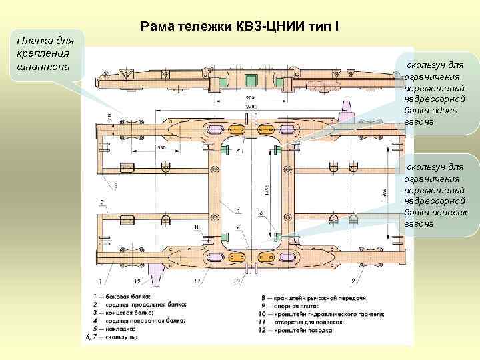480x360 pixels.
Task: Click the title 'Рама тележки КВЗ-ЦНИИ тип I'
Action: click(240, 27)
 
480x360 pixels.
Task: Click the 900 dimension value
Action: click(250, 97)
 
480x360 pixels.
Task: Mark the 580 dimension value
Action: click(161, 147)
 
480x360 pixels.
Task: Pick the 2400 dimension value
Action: click(250, 106)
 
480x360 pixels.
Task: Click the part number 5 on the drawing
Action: click(238, 152)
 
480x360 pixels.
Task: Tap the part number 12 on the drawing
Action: click(136, 282)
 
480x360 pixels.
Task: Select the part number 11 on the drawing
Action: click(197, 282)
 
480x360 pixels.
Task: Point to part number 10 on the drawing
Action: click(237, 282)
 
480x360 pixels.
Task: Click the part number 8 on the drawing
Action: click(196, 227)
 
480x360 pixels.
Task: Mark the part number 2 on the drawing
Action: click(101, 201)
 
